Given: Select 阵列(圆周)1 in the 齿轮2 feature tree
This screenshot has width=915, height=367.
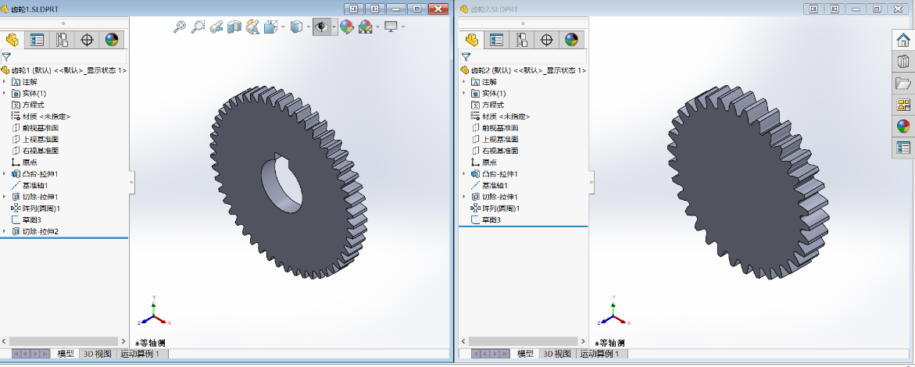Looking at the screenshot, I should point(500,208).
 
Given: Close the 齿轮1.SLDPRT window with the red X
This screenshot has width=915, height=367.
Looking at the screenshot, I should point(438,9).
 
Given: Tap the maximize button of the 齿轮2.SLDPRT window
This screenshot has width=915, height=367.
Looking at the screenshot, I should point(877,9).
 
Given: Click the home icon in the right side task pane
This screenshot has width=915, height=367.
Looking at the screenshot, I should point(902,41).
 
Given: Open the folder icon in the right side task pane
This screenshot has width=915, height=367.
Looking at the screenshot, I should point(902,84).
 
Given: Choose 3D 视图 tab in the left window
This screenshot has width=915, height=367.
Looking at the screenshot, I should point(98,354).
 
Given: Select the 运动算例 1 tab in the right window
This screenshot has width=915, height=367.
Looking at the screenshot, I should point(599,354).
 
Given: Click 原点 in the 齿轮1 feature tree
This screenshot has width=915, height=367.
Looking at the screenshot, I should point(30,162).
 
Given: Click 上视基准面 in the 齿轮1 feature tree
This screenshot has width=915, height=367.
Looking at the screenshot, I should point(40,139).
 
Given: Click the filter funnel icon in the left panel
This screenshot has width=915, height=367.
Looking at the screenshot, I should point(6,56).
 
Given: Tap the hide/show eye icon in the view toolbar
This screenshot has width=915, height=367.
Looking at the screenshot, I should point(321,27).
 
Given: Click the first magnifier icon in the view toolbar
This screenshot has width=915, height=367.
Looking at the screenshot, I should point(180,27).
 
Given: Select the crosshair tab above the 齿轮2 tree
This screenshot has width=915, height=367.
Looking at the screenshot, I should point(547,40).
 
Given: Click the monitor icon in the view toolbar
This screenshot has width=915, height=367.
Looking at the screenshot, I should point(391,27).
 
